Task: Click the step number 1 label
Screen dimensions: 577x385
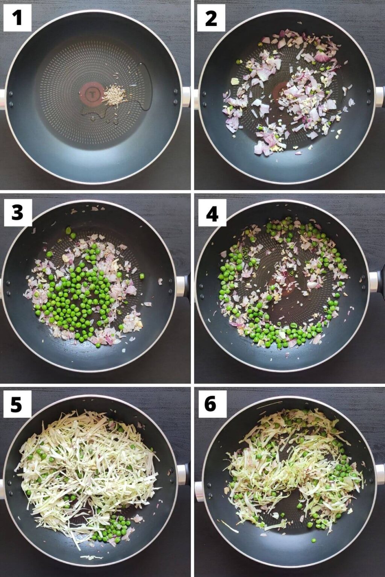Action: click(x=17, y=18)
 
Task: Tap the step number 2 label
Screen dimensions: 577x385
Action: click(x=211, y=18)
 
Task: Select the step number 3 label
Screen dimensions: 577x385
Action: click(x=18, y=213)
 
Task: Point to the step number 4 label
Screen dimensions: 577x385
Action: click(x=212, y=213)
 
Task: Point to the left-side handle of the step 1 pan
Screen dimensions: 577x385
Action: click(x=2, y=99)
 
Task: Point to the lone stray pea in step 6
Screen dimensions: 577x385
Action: click(x=313, y=541)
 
